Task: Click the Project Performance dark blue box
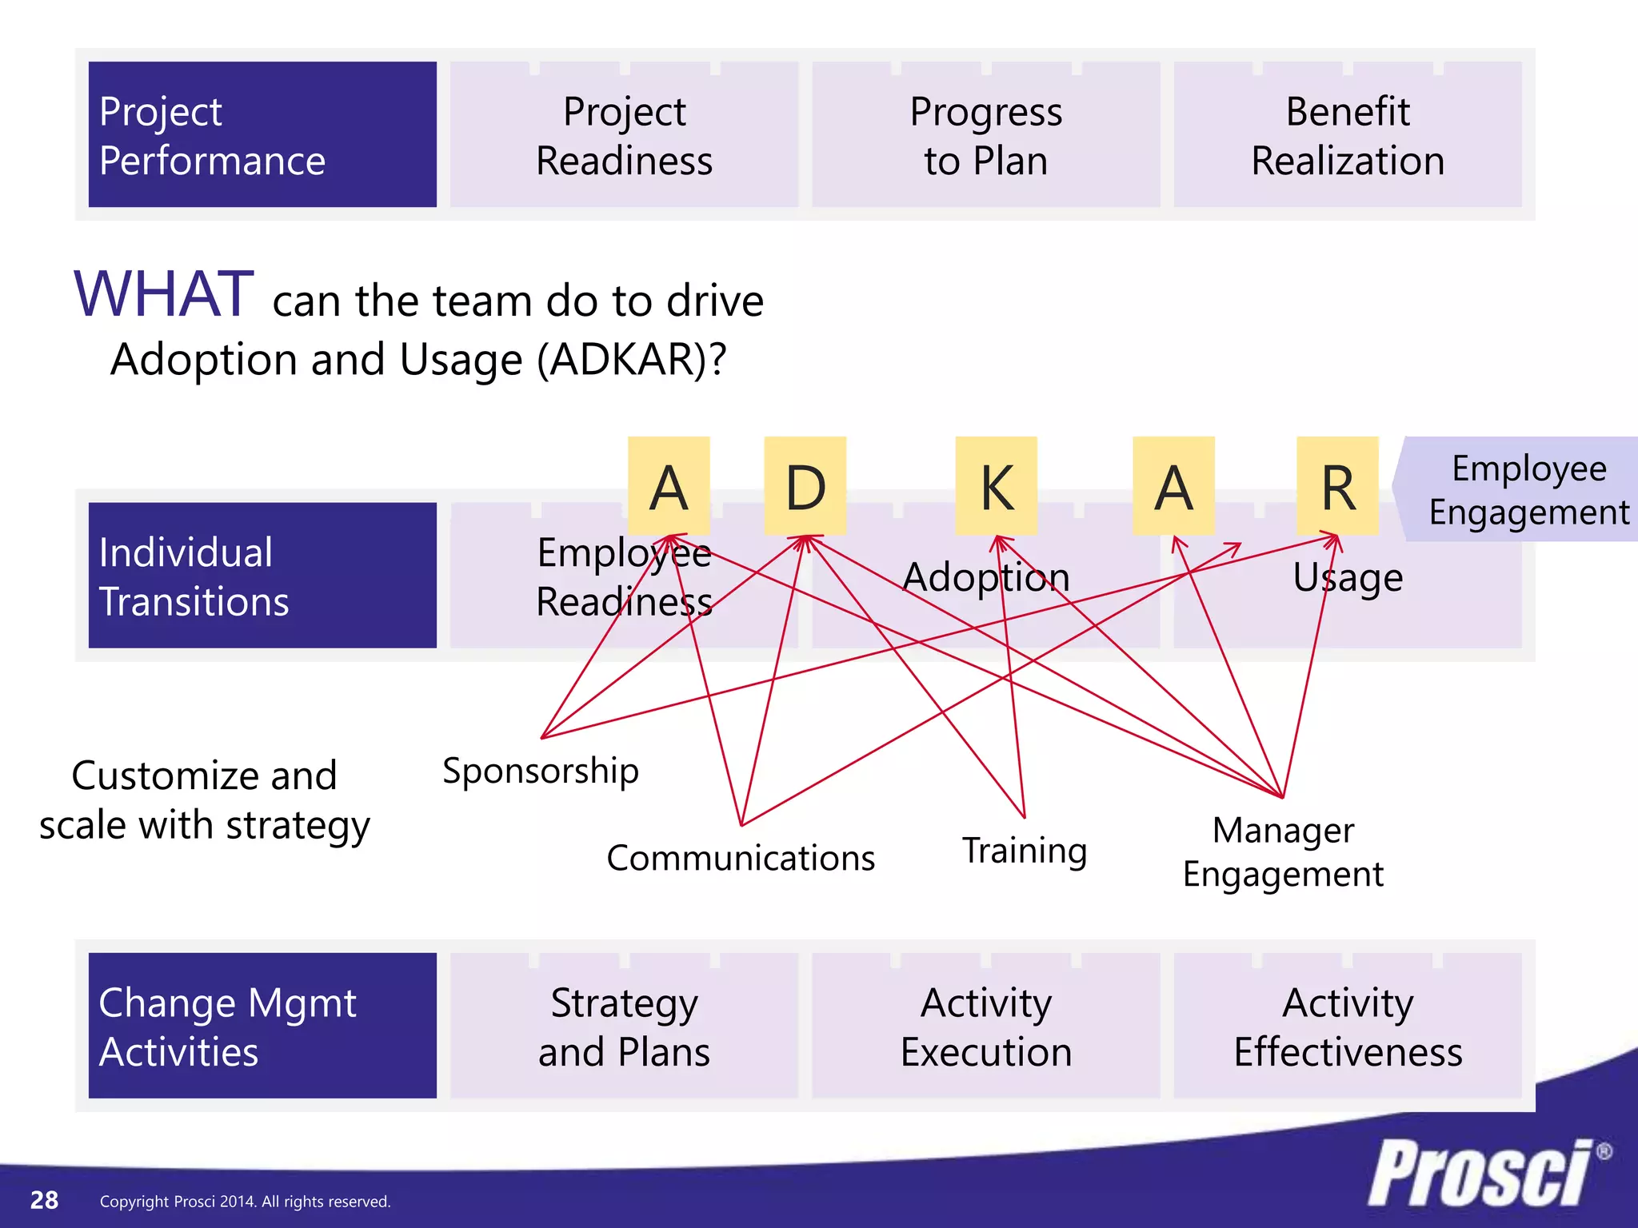tap(262, 134)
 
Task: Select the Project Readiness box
tap(624, 134)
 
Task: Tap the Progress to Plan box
tap(985, 134)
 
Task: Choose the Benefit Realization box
tap(1348, 134)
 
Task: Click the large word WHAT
tap(164, 294)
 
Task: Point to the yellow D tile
tap(805, 486)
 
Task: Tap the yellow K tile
tap(997, 486)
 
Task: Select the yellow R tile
tap(1337, 486)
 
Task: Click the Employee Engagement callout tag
tap(1524, 489)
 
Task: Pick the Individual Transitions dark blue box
tap(262, 576)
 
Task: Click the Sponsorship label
tap(541, 771)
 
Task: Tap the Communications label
tap(741, 858)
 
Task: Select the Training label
tap(1024, 851)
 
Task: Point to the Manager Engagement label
tap(1283, 852)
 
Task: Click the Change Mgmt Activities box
tap(262, 1026)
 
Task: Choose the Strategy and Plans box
tap(624, 1026)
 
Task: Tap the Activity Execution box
tap(985, 1026)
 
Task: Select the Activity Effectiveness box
tap(1348, 1026)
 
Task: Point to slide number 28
tap(44, 1200)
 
